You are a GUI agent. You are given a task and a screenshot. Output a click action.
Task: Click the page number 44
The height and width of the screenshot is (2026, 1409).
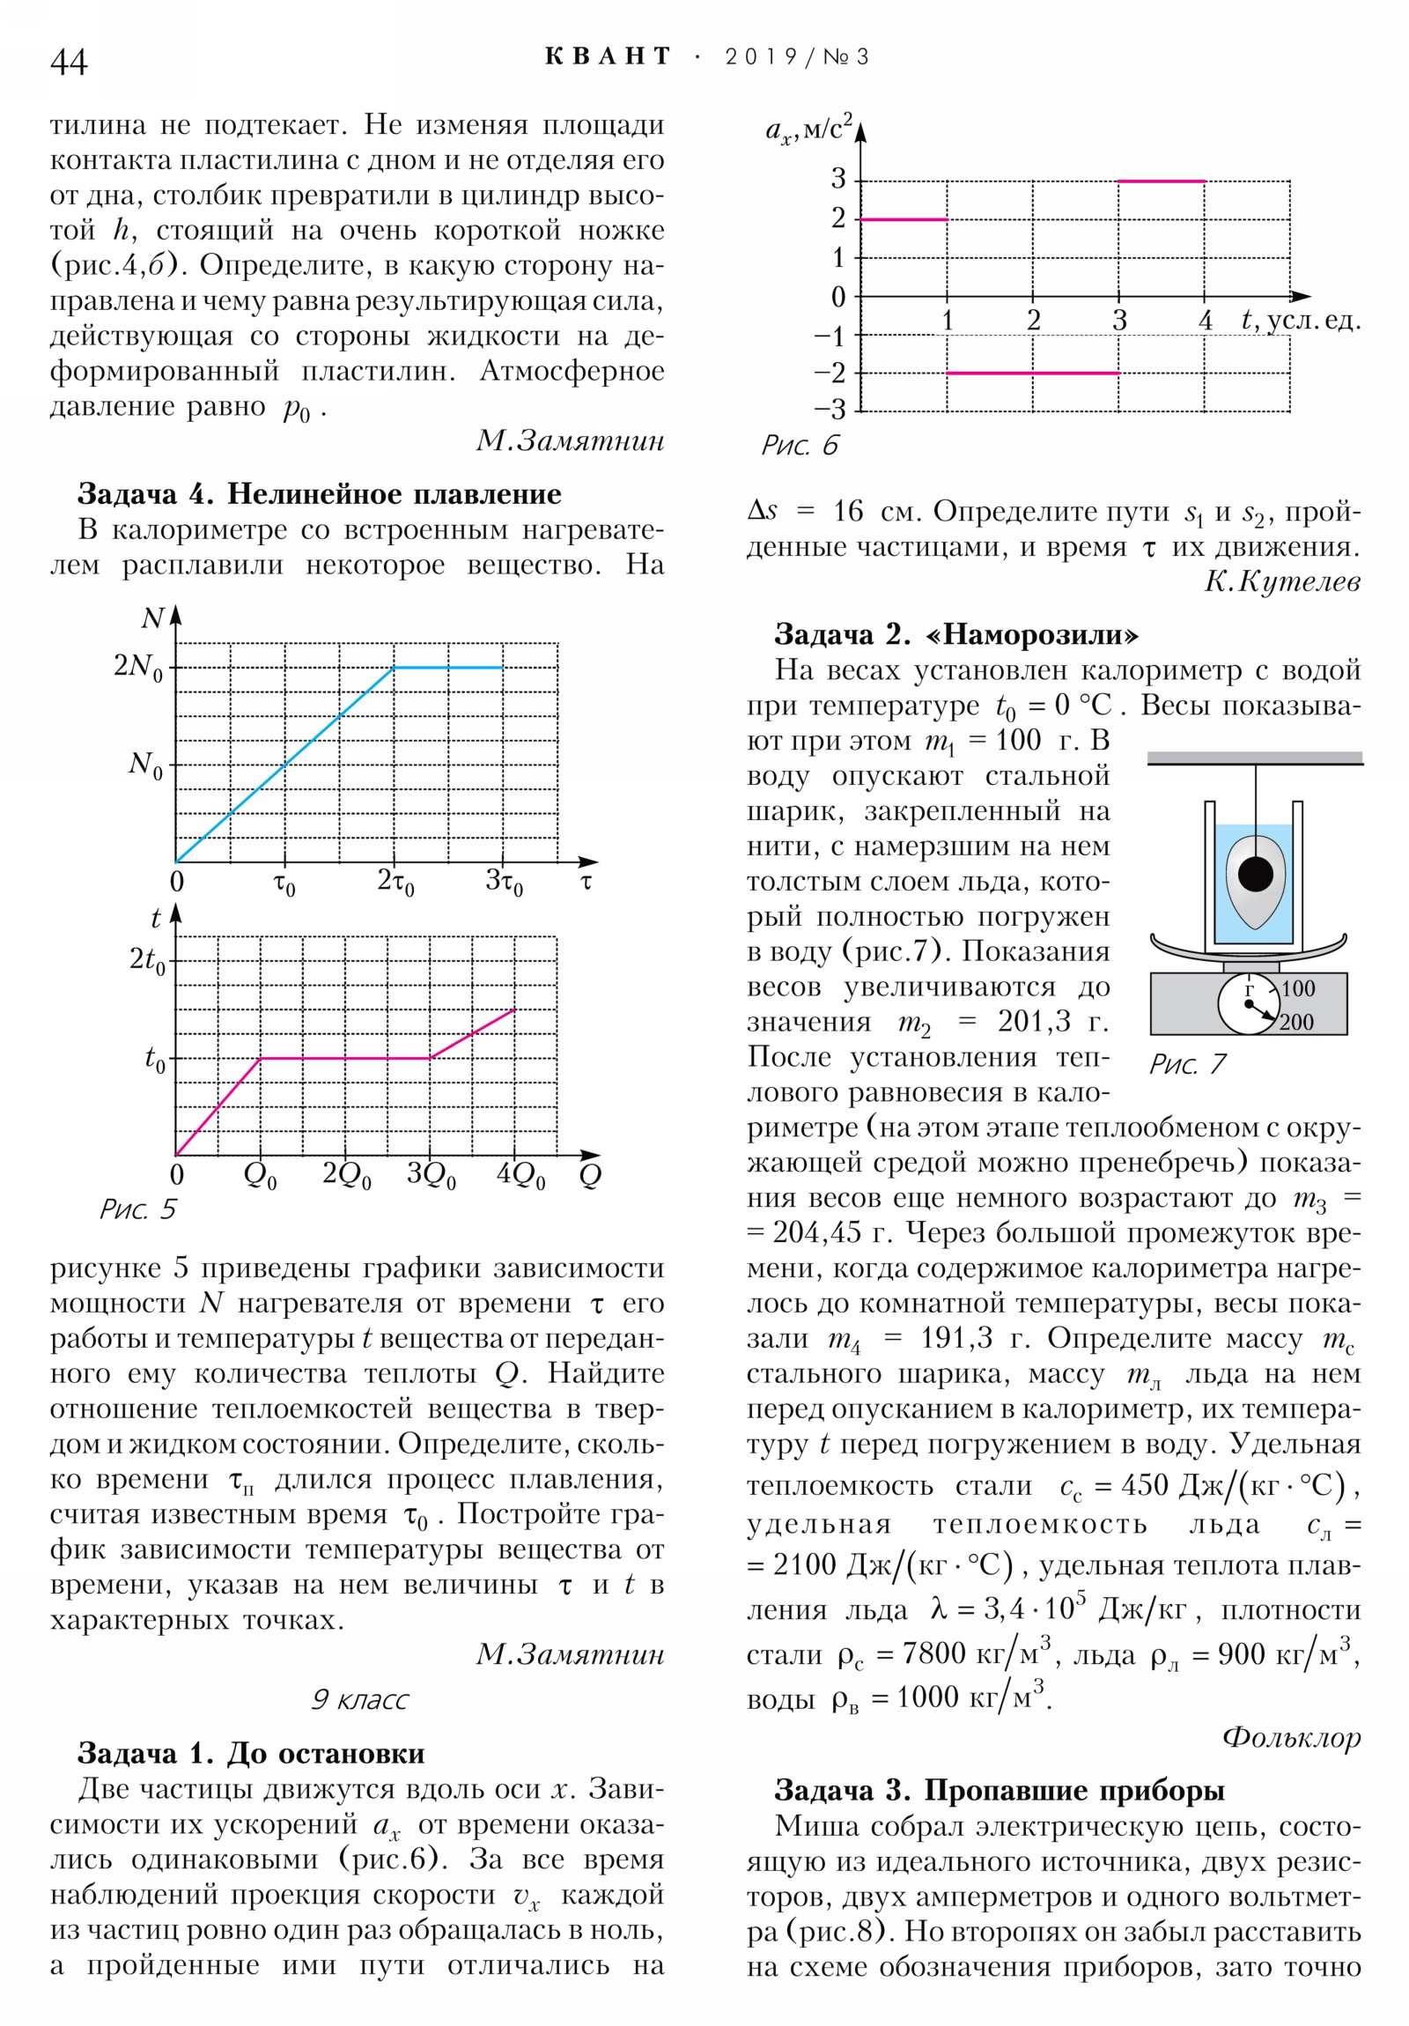point(69,62)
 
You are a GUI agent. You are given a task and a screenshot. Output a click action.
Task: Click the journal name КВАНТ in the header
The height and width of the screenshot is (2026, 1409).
point(608,56)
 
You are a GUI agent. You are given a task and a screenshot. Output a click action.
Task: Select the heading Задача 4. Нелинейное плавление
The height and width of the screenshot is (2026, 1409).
point(320,494)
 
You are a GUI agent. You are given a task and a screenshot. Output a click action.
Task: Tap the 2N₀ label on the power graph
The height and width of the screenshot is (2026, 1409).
point(138,667)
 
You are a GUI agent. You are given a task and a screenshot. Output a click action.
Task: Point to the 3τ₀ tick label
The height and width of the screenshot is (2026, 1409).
point(504,882)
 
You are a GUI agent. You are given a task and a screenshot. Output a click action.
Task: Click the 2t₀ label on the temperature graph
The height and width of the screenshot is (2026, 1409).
point(147,960)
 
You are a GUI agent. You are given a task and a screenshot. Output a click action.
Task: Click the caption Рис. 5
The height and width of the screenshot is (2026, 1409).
point(137,1209)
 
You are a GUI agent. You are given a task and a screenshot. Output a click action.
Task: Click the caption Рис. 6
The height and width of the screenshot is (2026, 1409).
point(800,446)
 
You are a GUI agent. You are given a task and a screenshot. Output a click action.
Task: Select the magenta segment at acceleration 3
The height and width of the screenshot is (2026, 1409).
point(1161,181)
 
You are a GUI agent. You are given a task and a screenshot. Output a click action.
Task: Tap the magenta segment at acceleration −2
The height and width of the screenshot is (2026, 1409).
point(1032,373)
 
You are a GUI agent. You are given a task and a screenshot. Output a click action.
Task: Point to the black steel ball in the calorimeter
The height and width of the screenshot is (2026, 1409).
point(1256,875)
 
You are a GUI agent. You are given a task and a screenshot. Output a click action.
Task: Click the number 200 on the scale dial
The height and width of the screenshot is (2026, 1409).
point(1296,1023)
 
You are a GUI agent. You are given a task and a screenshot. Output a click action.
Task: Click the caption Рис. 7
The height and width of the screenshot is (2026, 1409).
point(1188,1064)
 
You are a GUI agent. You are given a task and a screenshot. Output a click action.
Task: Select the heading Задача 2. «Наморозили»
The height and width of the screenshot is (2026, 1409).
point(956,634)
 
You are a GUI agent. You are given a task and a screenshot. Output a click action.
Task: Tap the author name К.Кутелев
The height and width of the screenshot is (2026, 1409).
point(1282,581)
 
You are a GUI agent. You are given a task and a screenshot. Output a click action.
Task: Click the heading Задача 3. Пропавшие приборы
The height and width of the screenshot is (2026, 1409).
point(1000,1791)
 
